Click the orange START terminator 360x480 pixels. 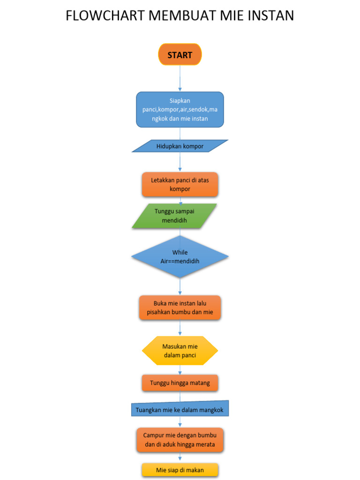[x=180, y=55]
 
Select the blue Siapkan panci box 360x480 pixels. [x=180, y=110]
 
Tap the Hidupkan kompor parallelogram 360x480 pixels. [x=180, y=146]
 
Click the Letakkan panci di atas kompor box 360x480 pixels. [x=180, y=184]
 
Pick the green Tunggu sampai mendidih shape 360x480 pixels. [x=174, y=216]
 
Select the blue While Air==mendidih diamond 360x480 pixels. [x=180, y=256]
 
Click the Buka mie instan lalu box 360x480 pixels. [x=180, y=307]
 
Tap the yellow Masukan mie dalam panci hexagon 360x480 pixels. [x=180, y=351]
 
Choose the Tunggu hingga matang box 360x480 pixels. [x=180, y=383]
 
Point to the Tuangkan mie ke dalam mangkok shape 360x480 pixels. [x=180, y=410]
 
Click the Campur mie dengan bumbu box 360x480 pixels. [x=180, y=440]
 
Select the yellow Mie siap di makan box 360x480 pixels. [x=180, y=470]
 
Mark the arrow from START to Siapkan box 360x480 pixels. [x=180, y=78]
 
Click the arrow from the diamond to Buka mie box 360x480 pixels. [x=180, y=286]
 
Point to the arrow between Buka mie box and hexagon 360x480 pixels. [x=180, y=328]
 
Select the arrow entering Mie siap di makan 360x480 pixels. [x=180, y=458]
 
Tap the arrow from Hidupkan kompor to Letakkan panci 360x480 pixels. [x=180, y=162]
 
